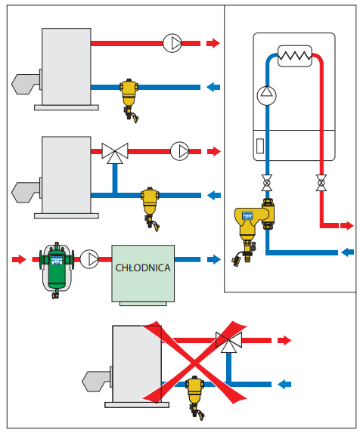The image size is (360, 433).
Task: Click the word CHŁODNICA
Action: click(143, 268)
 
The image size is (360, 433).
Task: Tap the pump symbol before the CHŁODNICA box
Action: click(89, 259)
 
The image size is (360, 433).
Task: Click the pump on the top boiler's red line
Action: click(172, 43)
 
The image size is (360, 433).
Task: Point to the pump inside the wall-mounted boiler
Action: click(267, 95)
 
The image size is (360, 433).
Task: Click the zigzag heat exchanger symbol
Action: click(295, 56)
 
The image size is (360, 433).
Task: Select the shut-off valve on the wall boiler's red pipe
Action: click(321, 183)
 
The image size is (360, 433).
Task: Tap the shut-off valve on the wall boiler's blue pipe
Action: click(267, 183)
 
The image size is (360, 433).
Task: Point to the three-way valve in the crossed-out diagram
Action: click(228, 342)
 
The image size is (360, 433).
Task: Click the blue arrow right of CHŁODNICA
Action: click(214, 259)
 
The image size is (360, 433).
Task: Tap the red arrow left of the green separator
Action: click(19, 259)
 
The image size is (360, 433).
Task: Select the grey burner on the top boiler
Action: click(26, 84)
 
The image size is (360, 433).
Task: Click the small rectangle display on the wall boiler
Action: click(260, 146)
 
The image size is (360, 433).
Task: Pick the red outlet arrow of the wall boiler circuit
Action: click(346, 226)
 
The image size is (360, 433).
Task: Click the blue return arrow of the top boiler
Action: click(213, 87)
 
